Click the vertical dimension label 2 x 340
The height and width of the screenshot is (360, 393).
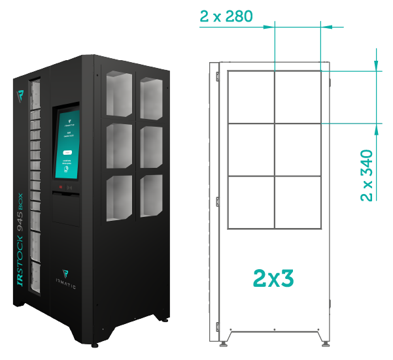(x=367, y=176)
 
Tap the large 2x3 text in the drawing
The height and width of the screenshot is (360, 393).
(x=273, y=278)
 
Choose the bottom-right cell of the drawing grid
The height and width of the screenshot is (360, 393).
(x=298, y=202)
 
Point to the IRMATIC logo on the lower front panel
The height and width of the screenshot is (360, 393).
(x=65, y=278)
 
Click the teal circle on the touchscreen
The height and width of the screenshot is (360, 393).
(x=67, y=169)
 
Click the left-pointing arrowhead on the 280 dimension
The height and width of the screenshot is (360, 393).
(x=327, y=27)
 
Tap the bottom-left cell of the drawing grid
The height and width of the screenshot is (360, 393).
(x=251, y=202)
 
